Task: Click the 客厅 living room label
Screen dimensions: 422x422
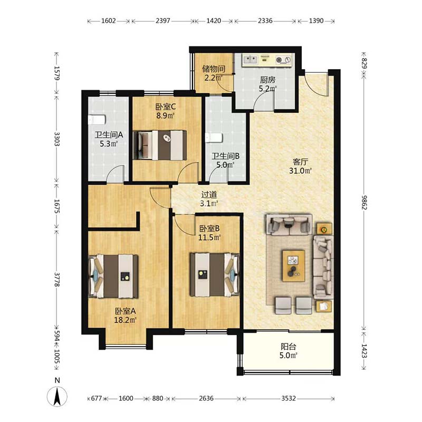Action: (x=300, y=162)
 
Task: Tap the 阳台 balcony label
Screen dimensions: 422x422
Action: (x=288, y=347)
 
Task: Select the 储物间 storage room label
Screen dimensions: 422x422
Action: (x=214, y=69)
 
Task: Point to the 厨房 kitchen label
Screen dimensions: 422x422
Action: (x=267, y=80)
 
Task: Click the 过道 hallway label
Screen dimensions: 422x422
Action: (x=209, y=195)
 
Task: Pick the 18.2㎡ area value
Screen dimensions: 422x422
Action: (x=125, y=320)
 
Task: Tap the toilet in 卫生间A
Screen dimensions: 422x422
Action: (x=97, y=120)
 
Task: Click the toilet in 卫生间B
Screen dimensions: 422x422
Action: (x=214, y=138)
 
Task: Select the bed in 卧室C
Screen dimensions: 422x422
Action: (x=160, y=146)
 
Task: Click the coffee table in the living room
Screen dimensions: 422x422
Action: (x=294, y=266)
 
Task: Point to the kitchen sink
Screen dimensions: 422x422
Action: (x=250, y=60)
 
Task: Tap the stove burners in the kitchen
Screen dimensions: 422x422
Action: (x=283, y=60)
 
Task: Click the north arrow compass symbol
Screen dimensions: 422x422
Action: (x=57, y=397)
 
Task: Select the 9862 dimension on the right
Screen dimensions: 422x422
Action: (x=363, y=203)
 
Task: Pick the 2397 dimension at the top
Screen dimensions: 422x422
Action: (x=163, y=21)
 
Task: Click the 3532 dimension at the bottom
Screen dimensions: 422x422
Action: (x=289, y=398)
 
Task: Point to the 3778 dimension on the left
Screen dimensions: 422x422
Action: (x=57, y=280)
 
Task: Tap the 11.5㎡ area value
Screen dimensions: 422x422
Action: (x=209, y=238)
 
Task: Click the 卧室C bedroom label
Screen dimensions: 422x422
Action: (x=166, y=107)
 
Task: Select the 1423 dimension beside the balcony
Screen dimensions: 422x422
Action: (x=363, y=351)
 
